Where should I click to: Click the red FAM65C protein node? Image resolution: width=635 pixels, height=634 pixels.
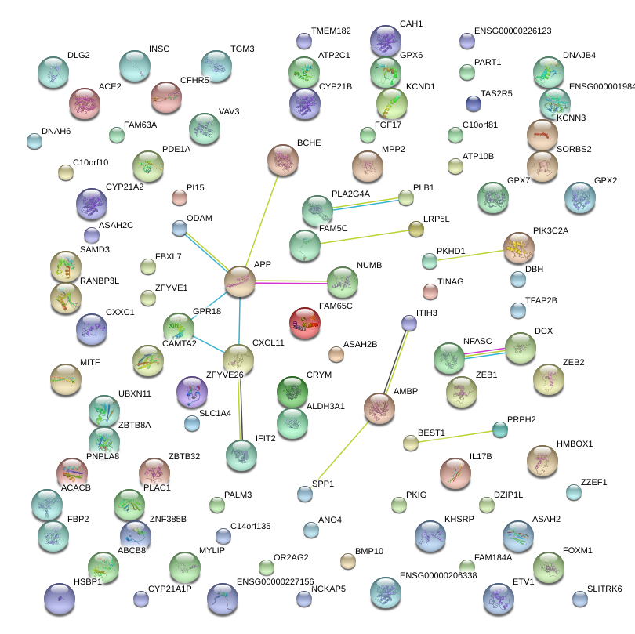(x=305, y=322)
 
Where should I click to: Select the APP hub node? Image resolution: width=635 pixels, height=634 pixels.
(x=240, y=282)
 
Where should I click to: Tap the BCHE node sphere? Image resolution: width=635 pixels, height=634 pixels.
(x=282, y=160)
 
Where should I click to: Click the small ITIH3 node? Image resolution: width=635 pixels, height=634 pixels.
(x=408, y=323)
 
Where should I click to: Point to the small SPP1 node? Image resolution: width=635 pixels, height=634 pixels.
(x=305, y=494)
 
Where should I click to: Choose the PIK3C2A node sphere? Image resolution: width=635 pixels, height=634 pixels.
(x=518, y=248)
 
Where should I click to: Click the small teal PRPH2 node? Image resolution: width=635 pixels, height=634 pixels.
(x=499, y=429)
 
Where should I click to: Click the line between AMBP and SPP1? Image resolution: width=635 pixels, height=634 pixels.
(x=343, y=451)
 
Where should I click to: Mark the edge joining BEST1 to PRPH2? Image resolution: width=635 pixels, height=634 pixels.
(x=455, y=436)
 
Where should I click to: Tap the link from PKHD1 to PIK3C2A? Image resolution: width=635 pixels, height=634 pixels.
(x=470, y=255)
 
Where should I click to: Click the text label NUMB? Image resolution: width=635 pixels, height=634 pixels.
(x=369, y=266)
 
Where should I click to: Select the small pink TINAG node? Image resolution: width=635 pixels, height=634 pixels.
(x=430, y=292)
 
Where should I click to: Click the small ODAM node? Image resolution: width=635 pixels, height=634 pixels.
(x=180, y=228)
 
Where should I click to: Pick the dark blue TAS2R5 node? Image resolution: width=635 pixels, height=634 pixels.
(x=473, y=103)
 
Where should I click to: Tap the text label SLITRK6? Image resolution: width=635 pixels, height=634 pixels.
(x=604, y=589)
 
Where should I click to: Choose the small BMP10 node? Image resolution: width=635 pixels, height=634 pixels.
(x=348, y=561)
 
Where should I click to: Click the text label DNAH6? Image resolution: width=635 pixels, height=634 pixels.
(x=56, y=131)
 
